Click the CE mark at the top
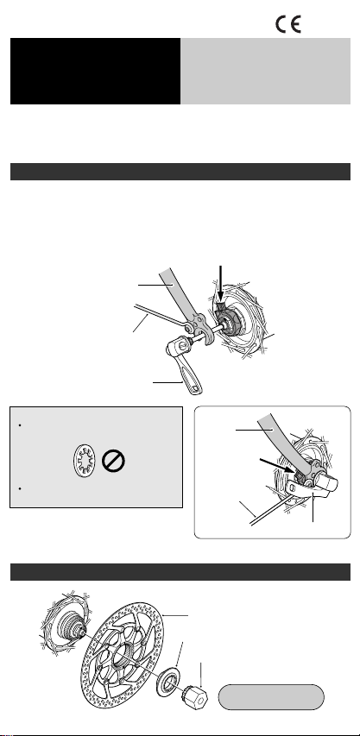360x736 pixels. (288, 24)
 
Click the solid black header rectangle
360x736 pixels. (95, 71)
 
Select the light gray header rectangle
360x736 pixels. (266, 71)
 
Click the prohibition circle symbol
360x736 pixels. (113, 462)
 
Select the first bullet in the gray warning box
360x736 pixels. (20, 425)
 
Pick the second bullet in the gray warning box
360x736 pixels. (20, 489)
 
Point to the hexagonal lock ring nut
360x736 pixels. (194, 698)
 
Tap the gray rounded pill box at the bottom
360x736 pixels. (271, 697)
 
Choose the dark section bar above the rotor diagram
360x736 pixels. (180, 572)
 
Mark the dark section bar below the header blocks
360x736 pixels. (180, 172)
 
